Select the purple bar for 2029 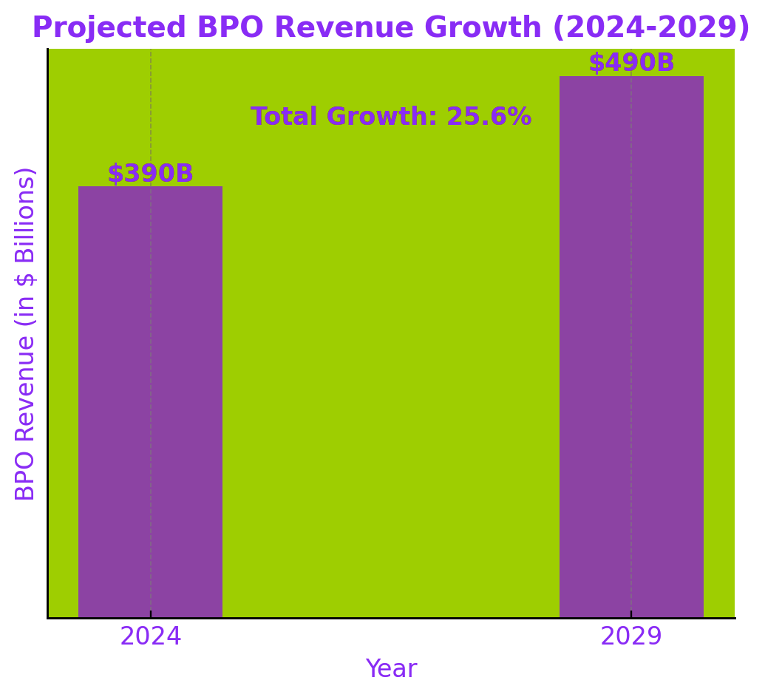[x=631, y=347]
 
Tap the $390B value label [x=150, y=174]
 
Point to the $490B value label [x=631, y=63]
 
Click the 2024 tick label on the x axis [x=150, y=636]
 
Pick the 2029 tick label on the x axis [x=631, y=636]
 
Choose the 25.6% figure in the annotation [x=489, y=117]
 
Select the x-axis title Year [x=391, y=669]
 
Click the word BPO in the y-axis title [x=25, y=475]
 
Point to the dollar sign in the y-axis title [x=25, y=278]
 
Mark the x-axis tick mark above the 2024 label [x=151, y=614]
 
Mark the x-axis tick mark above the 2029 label [x=631, y=614]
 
